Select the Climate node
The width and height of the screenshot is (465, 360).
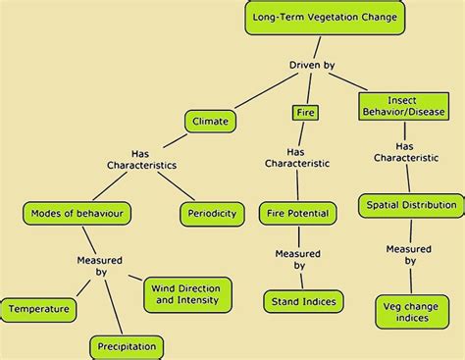[x=211, y=122]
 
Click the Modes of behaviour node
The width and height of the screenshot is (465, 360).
[x=77, y=213]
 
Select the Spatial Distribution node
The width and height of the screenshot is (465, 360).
[x=410, y=205]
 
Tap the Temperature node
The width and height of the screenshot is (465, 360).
[x=39, y=309]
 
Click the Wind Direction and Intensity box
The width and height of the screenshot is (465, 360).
[x=188, y=292]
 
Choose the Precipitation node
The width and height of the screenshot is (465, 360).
[x=127, y=346]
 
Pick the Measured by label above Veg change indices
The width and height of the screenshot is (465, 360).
[x=408, y=254]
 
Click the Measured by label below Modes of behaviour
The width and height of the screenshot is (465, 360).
[x=99, y=265]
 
